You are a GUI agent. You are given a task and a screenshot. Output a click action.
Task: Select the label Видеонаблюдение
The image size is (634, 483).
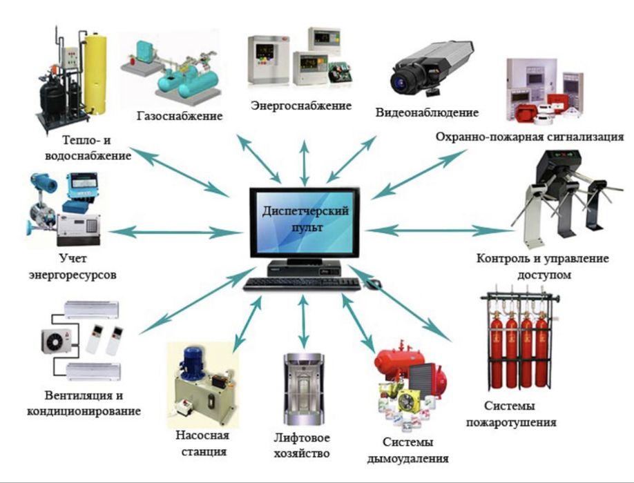pyautogui.click(x=427, y=112)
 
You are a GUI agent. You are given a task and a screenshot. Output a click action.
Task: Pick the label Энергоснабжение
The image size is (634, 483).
pyautogui.click(x=301, y=106)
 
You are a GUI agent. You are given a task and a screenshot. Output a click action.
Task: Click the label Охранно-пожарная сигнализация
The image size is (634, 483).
pyautogui.click(x=530, y=137)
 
